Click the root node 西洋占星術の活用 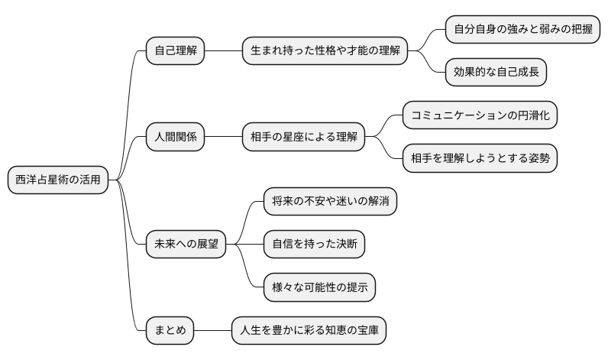click(x=57, y=180)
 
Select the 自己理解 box click(x=175, y=51)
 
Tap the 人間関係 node click(x=175, y=138)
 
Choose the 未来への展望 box click(x=186, y=245)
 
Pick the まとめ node click(x=170, y=331)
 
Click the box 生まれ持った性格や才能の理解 click(x=325, y=51)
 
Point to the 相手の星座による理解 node click(x=303, y=138)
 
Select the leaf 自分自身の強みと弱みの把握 click(x=522, y=30)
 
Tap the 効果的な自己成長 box click(x=496, y=73)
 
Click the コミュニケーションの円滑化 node click(x=480, y=116)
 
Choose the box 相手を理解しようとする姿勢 click(x=480, y=159)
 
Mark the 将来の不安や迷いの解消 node click(x=330, y=202)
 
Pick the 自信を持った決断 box click(x=314, y=245)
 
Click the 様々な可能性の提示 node click(x=319, y=288)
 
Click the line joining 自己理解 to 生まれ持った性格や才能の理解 click(x=223, y=51)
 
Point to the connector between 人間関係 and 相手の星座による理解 click(x=223, y=138)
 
